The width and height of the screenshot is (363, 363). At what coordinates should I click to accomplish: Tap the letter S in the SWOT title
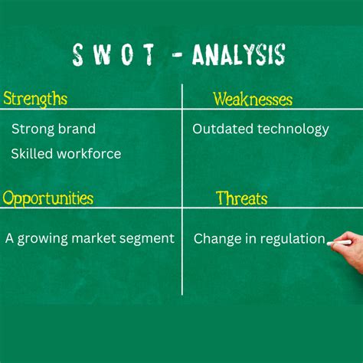pos(78,55)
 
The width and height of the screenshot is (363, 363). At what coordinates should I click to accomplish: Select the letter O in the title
pos(125,55)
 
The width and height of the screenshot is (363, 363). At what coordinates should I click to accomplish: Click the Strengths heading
pos(35,99)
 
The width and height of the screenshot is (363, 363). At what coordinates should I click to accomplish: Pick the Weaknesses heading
pos(253,99)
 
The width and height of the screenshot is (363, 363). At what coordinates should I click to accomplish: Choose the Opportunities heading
pos(47,198)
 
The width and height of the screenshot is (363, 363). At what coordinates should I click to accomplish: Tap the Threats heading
pos(242,198)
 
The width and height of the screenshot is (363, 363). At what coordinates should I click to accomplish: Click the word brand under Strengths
pos(76,129)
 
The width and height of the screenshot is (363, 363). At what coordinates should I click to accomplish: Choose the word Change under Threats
pos(216,239)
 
